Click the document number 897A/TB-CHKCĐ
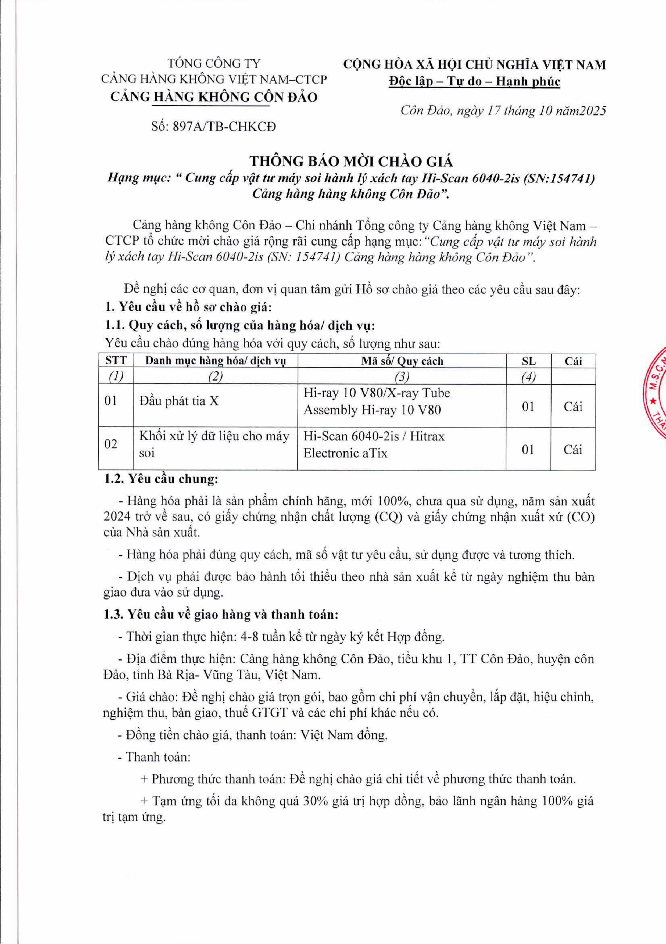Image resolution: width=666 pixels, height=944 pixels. click(213, 126)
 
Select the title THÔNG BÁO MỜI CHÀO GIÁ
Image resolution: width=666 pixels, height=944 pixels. click(352, 161)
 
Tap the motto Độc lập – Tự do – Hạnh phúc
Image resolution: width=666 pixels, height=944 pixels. click(474, 81)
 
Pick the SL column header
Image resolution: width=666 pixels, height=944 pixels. click(528, 361)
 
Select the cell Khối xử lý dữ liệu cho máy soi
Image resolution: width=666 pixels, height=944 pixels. click(214, 444)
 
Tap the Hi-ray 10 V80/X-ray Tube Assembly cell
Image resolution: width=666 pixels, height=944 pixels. click(377, 401)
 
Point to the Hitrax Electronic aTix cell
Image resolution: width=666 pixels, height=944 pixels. click(374, 444)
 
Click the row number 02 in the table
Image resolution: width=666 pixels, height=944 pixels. click(111, 444)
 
